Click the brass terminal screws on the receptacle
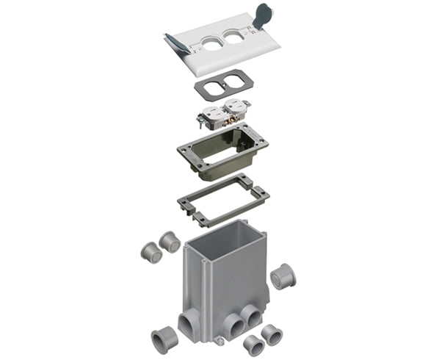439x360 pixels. tap(236, 110)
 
